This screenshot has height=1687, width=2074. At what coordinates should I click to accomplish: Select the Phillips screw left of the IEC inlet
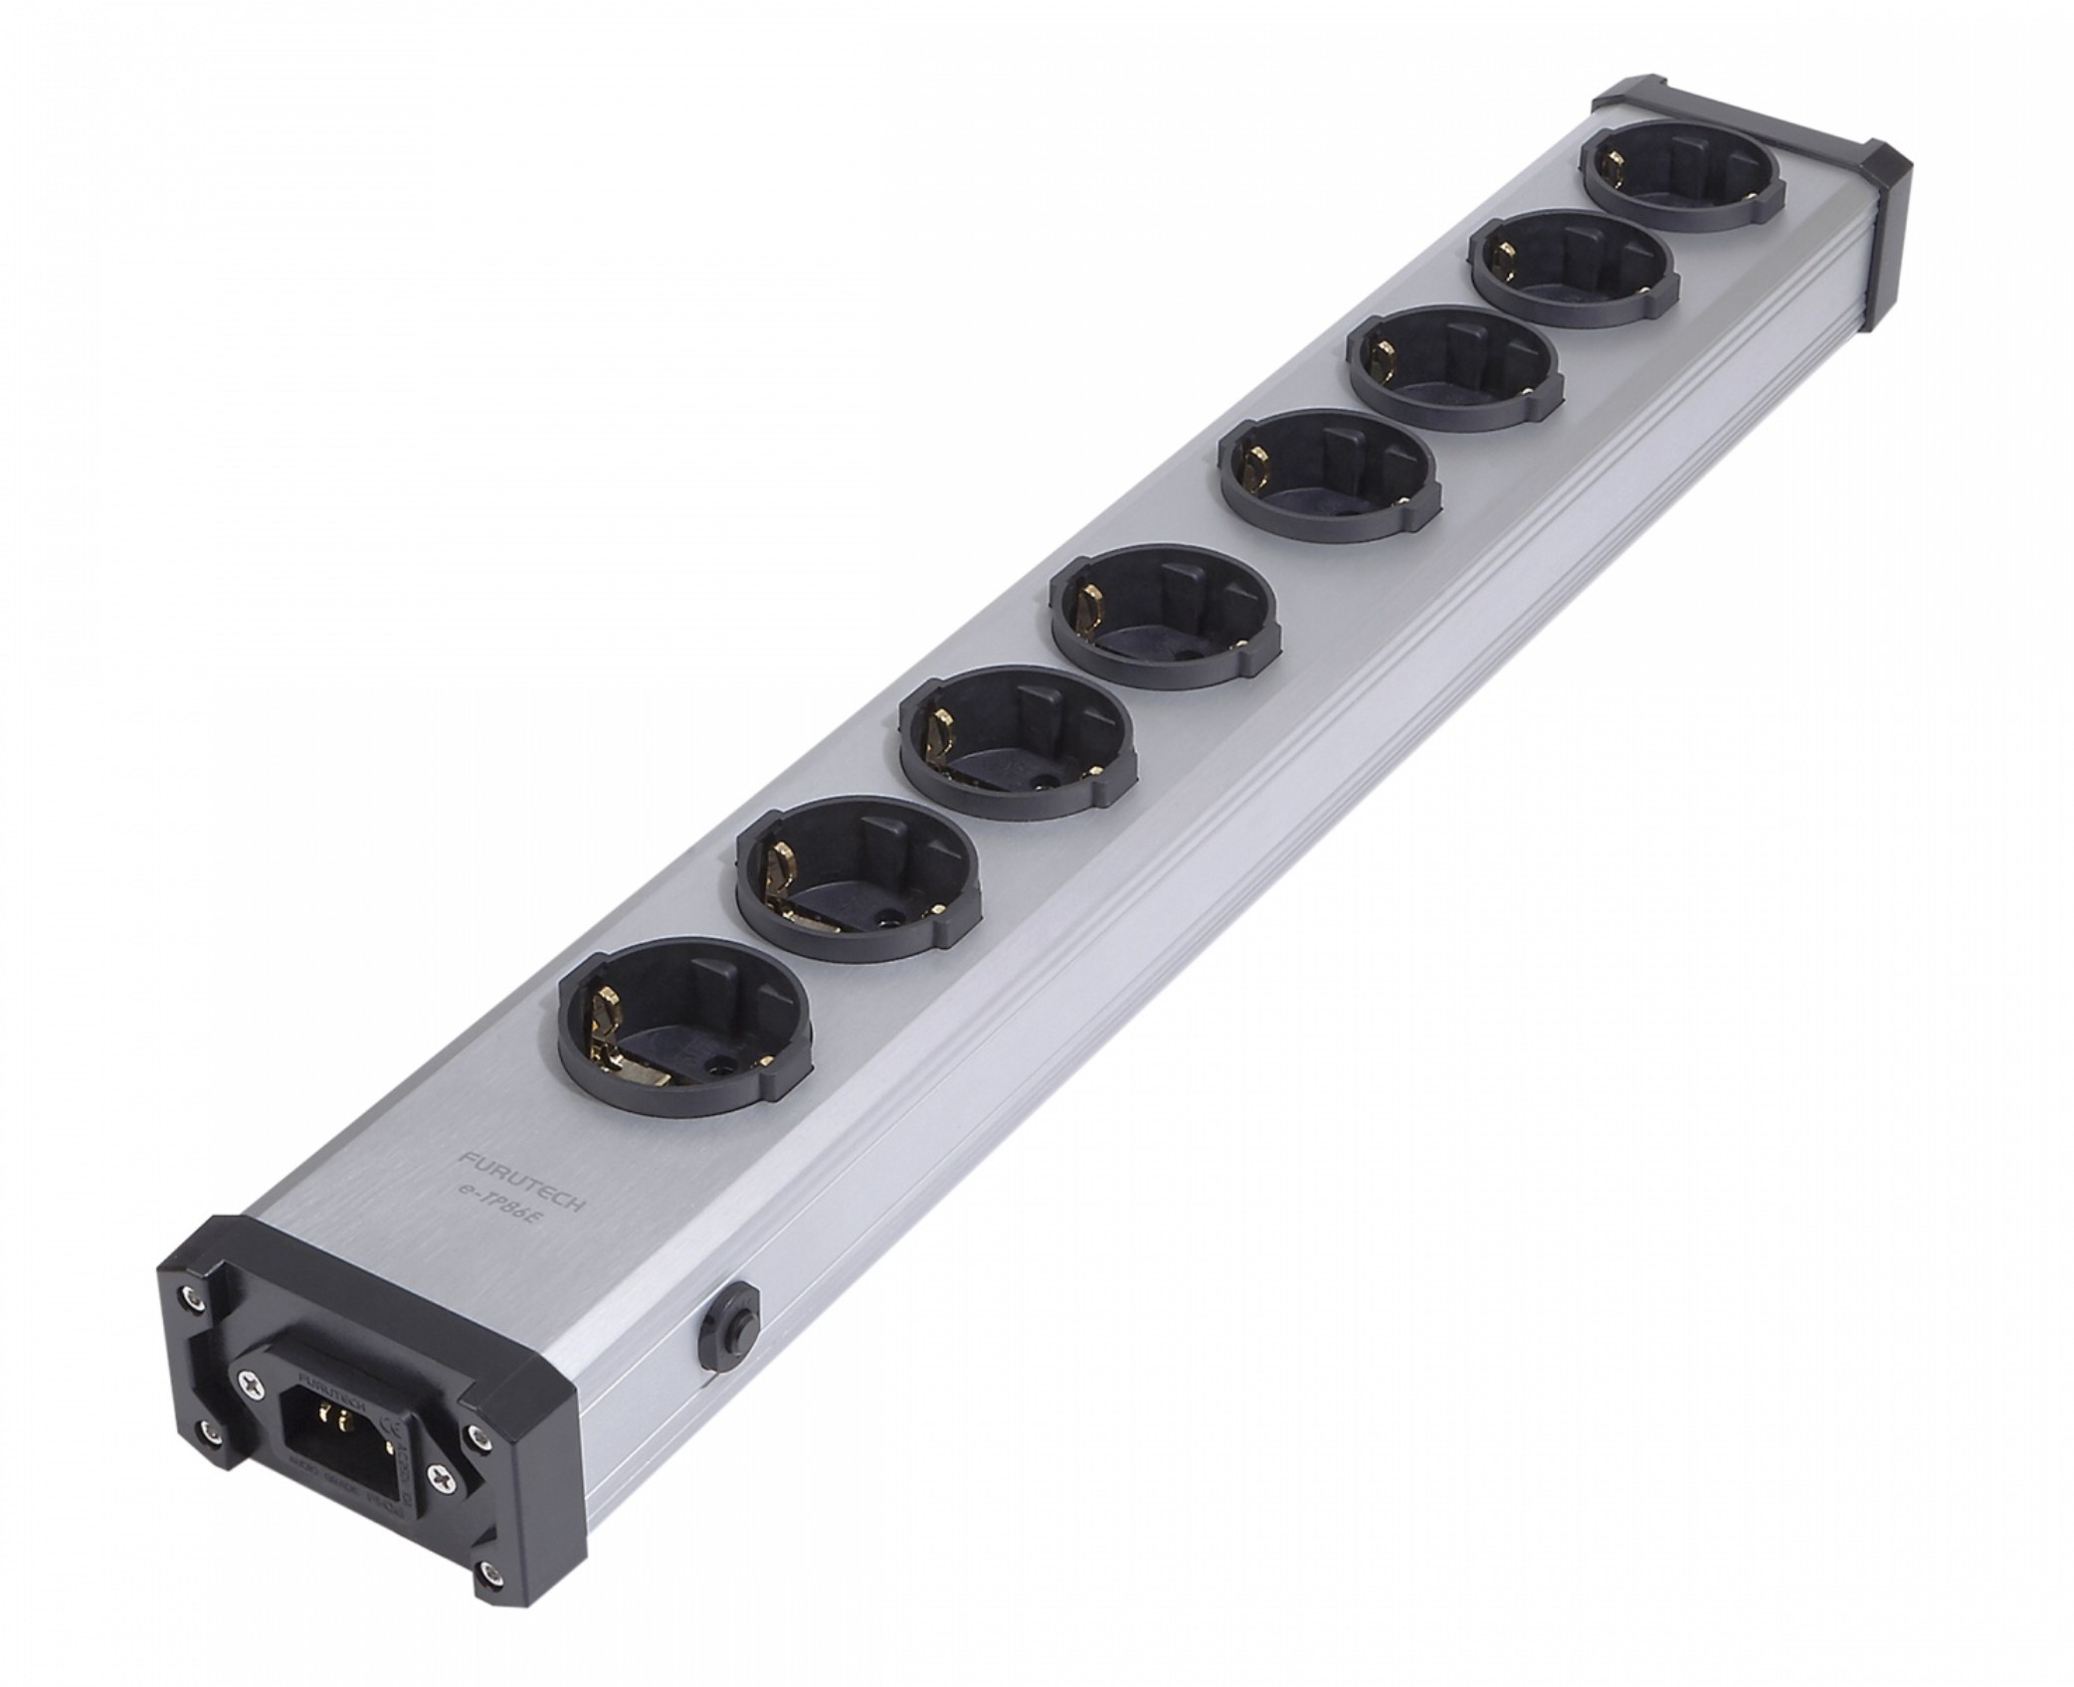click(x=251, y=1385)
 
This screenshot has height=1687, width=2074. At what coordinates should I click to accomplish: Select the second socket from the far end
click(x=1571, y=268)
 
